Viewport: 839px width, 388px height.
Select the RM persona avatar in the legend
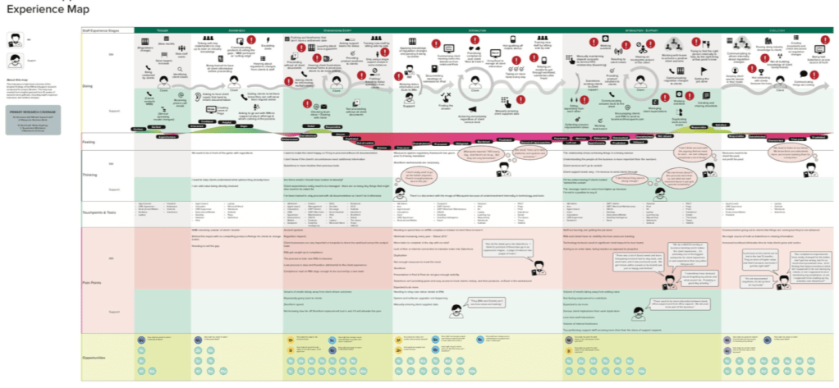[x=14, y=39]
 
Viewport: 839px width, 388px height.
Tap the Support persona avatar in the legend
[x=14, y=60]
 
